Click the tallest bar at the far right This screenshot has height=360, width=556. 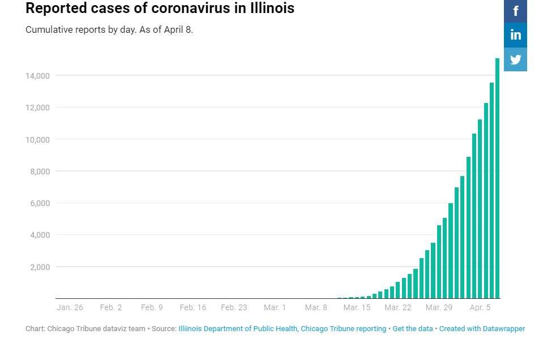tap(497, 178)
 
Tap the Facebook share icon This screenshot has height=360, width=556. tap(515, 11)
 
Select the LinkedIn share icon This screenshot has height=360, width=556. tap(515, 35)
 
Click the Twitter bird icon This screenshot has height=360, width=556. tap(515, 59)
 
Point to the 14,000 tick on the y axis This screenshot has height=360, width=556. tap(37, 75)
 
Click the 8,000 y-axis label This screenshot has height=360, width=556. tap(40, 172)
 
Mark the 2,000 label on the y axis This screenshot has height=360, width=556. tap(40, 267)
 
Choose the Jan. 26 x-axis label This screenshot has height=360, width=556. tap(70, 307)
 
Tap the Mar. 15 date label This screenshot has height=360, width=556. tap(357, 307)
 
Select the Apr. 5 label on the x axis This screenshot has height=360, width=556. tap(480, 307)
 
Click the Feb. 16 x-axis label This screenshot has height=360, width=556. tap(193, 307)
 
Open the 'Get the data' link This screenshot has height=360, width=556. tap(413, 329)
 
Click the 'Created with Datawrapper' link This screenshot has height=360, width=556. tap(482, 329)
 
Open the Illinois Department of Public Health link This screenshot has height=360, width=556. tap(238, 329)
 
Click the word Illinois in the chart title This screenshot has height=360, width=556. tap(272, 8)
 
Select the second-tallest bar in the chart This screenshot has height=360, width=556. tap(491, 191)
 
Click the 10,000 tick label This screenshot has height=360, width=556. tap(37, 140)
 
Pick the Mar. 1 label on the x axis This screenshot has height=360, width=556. tap(275, 307)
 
